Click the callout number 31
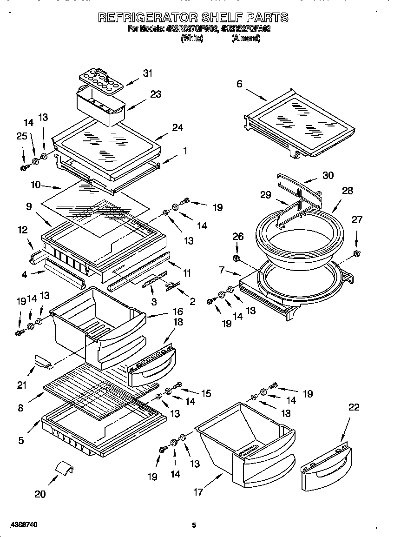click(148, 73)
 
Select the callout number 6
click(239, 84)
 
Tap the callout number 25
click(21, 136)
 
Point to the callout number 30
click(328, 175)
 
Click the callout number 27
click(356, 220)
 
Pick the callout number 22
click(354, 407)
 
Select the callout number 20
click(40, 494)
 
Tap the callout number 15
click(206, 393)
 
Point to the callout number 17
click(198, 492)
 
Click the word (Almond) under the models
click(245, 39)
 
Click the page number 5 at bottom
click(194, 525)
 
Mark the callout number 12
click(23, 230)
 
